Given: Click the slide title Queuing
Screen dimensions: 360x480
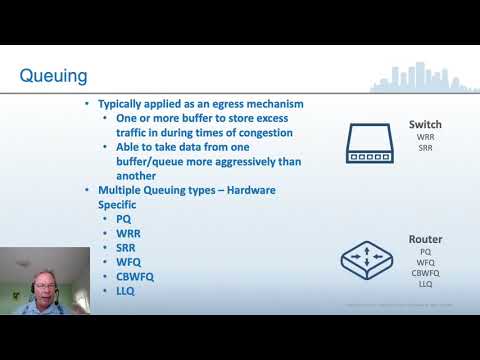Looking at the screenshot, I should (54, 75).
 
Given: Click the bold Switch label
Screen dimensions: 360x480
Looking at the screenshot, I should (425, 125).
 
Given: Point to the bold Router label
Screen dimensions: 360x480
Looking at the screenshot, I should (425, 240).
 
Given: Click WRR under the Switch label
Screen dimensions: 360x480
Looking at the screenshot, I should (425, 137).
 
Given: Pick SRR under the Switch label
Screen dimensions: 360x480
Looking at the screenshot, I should (425, 148).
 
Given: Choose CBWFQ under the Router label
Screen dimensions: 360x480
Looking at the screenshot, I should (425, 273).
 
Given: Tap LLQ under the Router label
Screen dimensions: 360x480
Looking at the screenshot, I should (425, 284).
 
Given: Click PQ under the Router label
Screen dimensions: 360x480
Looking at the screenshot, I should (425, 252).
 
